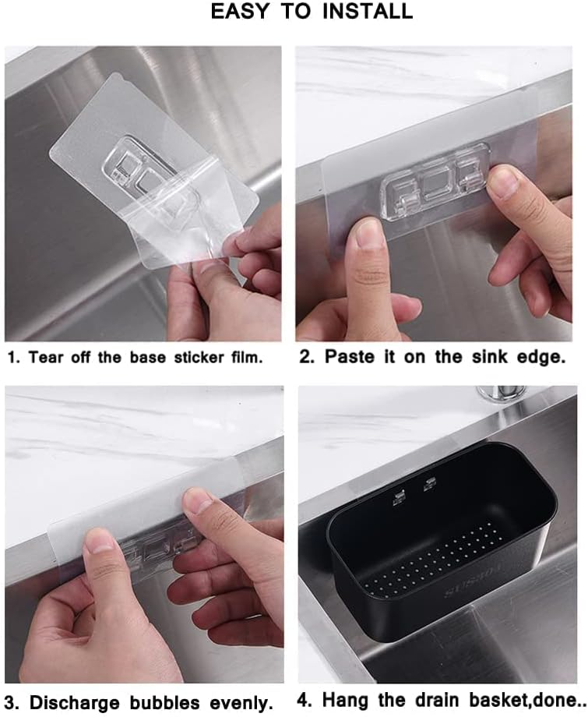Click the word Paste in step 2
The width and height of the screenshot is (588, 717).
tap(350, 358)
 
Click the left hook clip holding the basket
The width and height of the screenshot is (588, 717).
tap(399, 496)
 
